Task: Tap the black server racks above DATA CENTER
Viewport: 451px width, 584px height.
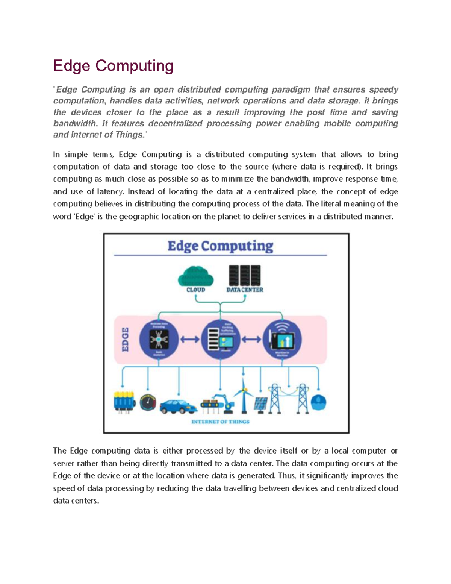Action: coord(245,275)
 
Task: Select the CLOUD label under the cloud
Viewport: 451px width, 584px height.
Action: coord(196,290)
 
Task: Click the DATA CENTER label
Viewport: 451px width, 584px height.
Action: coord(245,290)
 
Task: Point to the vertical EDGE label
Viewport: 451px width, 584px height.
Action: coord(125,339)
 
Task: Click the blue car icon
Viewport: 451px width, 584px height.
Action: coord(178,406)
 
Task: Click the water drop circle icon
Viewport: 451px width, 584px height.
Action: coord(318,402)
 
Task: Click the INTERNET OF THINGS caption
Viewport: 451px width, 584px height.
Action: coord(220,422)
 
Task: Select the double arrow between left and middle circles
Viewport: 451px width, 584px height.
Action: coord(189,339)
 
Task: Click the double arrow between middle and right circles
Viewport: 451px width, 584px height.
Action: coord(251,339)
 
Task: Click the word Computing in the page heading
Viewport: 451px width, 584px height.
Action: coord(134,66)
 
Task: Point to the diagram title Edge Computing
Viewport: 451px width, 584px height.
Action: coord(220,246)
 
